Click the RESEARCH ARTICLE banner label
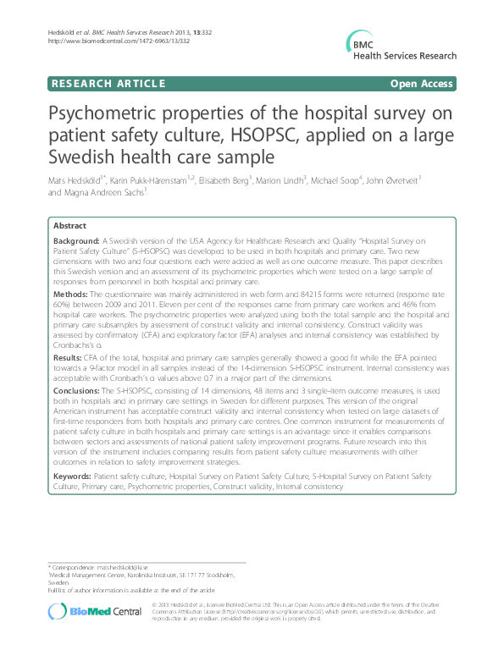(x=108, y=84)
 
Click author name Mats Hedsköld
(x=75, y=180)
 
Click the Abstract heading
(x=69, y=227)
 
